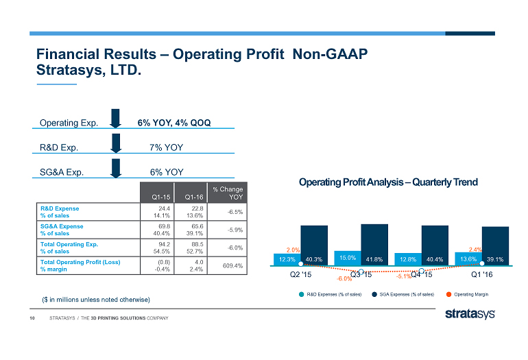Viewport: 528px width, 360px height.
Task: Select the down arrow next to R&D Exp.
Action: coord(116,143)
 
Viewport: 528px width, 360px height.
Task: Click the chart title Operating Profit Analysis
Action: coord(388,182)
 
